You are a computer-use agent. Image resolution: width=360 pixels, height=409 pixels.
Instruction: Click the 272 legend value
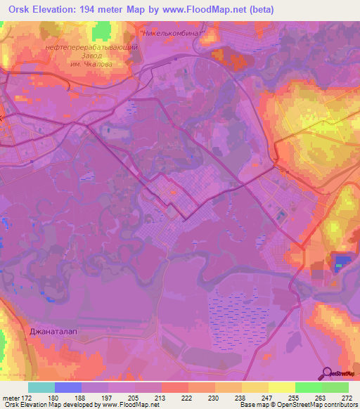pyautogui.click(x=347, y=397)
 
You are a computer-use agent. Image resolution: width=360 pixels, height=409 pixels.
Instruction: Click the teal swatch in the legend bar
pyautogui.click(x=41, y=387)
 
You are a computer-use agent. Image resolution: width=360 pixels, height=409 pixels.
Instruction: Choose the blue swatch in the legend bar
pyautogui.click(x=67, y=387)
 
